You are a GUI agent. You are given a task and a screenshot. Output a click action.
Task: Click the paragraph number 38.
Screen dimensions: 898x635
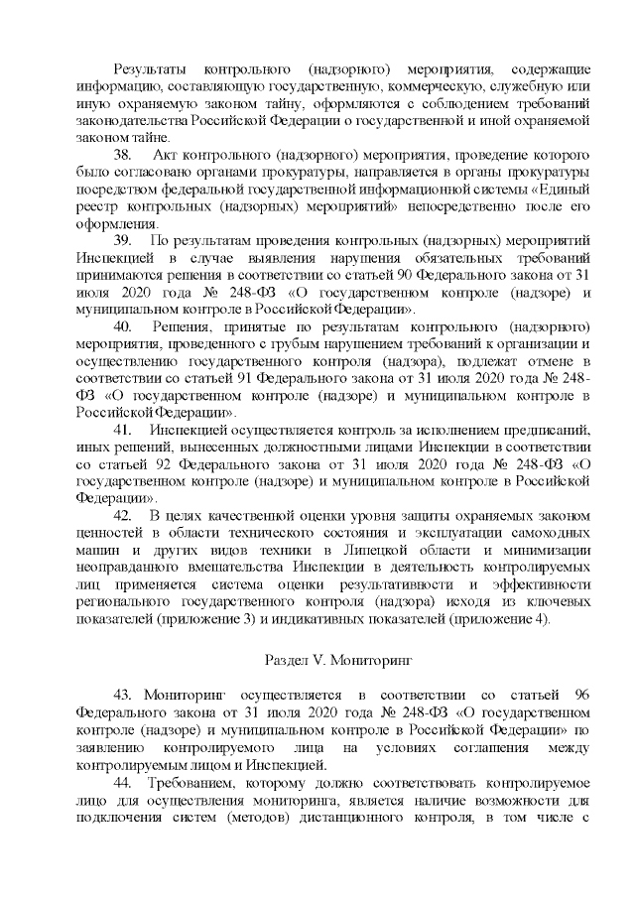click(x=124, y=156)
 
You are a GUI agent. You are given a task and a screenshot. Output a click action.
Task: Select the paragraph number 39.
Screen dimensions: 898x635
click(x=124, y=240)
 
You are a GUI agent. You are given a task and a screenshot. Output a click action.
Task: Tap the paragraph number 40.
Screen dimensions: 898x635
click(x=124, y=325)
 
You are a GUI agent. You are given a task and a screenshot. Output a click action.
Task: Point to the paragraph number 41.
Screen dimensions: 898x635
click(x=124, y=429)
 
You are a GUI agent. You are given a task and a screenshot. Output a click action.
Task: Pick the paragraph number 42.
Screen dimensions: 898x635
click(x=124, y=515)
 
